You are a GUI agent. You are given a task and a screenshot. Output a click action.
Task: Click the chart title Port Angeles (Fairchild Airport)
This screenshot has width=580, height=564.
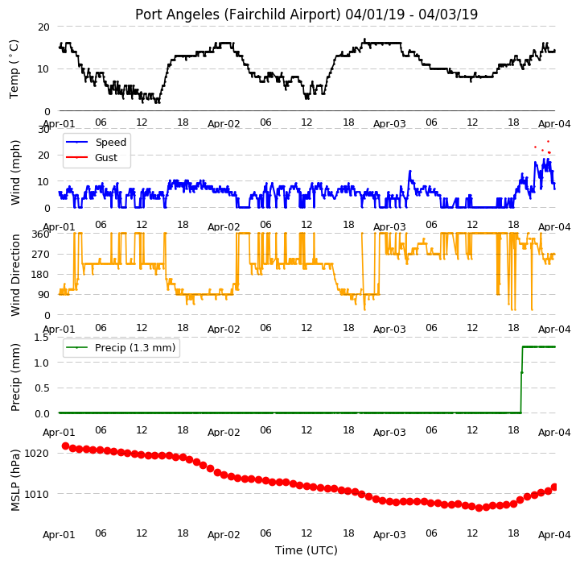pos(237,15)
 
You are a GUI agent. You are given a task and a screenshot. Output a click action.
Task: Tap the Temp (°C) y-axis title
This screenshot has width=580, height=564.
pos(14,69)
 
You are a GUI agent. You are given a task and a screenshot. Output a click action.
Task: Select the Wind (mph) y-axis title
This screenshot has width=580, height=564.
pos(14,172)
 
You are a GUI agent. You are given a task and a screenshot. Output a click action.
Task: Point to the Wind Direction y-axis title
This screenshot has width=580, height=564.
pos(14,275)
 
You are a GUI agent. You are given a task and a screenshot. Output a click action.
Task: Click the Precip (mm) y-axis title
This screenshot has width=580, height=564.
pos(14,377)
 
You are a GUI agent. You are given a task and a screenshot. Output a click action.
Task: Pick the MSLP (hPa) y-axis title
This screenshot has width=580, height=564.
pos(14,480)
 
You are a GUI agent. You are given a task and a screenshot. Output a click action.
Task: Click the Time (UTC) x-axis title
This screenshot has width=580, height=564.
pos(306,550)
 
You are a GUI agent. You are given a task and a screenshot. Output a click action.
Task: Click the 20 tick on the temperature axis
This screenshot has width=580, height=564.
pos(43,27)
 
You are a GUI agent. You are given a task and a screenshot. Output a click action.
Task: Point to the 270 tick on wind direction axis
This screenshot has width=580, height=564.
pos(41,255)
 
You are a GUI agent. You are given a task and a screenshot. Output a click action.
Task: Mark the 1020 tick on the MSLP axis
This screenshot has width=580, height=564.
pos(37,453)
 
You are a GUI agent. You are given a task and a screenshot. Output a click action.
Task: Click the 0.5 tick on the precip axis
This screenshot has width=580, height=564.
pos(42,388)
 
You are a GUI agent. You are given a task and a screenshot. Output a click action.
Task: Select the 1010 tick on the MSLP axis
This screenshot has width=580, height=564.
pos(37,494)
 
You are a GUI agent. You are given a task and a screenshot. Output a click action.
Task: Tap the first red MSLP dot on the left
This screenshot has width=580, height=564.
pos(65,446)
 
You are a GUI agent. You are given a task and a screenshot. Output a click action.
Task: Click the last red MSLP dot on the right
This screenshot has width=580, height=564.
pos(554,487)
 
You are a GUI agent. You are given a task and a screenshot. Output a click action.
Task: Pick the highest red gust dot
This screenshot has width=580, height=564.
pos(548,141)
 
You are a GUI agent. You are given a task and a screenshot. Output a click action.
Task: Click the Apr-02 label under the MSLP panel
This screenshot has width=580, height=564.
pos(224,535)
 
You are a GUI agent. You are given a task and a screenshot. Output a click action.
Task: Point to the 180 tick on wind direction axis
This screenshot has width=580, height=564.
pos(41,275)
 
